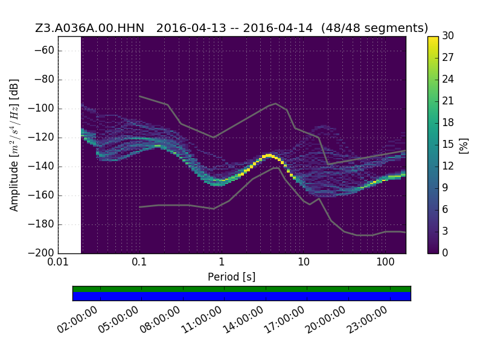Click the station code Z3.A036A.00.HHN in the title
[89, 28]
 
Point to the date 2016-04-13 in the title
[191, 28]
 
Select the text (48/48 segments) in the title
[374, 28]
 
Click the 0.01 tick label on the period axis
[58, 262]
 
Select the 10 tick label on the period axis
[304, 262]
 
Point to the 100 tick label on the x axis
[385, 262]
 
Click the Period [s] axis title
[232, 277]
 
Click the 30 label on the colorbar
[448, 36]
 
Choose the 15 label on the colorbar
[448, 144]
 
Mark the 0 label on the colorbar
[445, 253]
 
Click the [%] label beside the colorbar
[464, 146]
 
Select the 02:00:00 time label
[77, 320]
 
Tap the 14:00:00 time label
[243, 320]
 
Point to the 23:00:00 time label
[367, 320]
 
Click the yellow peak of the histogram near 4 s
[269, 156]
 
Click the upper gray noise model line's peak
[276, 103]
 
